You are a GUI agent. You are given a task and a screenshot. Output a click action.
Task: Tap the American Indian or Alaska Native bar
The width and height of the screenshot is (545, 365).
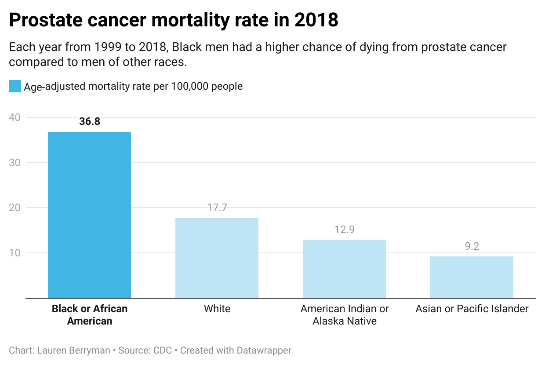point(344,269)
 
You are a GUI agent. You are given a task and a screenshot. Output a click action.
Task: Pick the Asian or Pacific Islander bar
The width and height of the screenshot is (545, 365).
point(472,277)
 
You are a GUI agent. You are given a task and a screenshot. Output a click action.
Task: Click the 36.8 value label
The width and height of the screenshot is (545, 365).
point(90,121)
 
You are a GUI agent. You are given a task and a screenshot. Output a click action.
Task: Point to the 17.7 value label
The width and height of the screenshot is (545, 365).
point(217,208)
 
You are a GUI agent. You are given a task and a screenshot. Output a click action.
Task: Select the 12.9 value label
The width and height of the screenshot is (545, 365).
point(345,229)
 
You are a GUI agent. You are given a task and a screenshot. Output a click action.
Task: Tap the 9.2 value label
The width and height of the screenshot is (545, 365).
point(472,246)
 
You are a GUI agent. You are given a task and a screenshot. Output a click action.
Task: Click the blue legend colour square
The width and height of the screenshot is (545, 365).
point(15,86)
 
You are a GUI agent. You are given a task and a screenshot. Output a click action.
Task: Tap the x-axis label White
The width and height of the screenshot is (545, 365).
point(217,309)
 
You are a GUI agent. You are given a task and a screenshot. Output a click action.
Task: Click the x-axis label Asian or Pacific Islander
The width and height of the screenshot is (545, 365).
point(472,309)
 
